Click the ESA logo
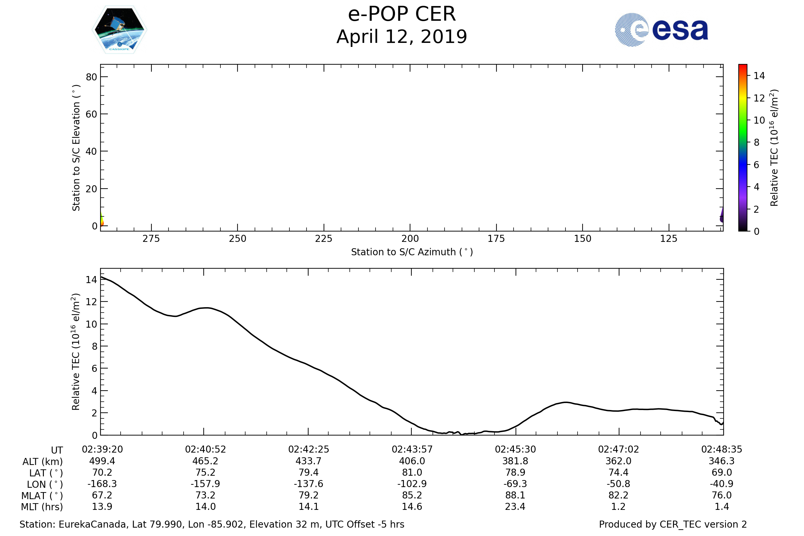click(x=661, y=30)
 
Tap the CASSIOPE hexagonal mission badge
click(x=120, y=30)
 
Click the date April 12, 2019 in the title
click(x=402, y=37)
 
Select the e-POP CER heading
click(x=402, y=14)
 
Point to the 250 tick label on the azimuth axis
click(x=238, y=239)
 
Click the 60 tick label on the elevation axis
click(x=91, y=114)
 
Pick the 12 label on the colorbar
click(x=759, y=98)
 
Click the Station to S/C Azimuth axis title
click(x=412, y=252)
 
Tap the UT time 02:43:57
click(x=412, y=450)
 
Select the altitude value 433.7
click(x=308, y=461)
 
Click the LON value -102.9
click(x=412, y=484)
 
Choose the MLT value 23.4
click(x=515, y=507)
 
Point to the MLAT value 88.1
click(x=515, y=495)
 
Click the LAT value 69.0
click(x=722, y=472)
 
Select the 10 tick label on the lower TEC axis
click(x=91, y=324)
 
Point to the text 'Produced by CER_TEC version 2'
click(x=673, y=524)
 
